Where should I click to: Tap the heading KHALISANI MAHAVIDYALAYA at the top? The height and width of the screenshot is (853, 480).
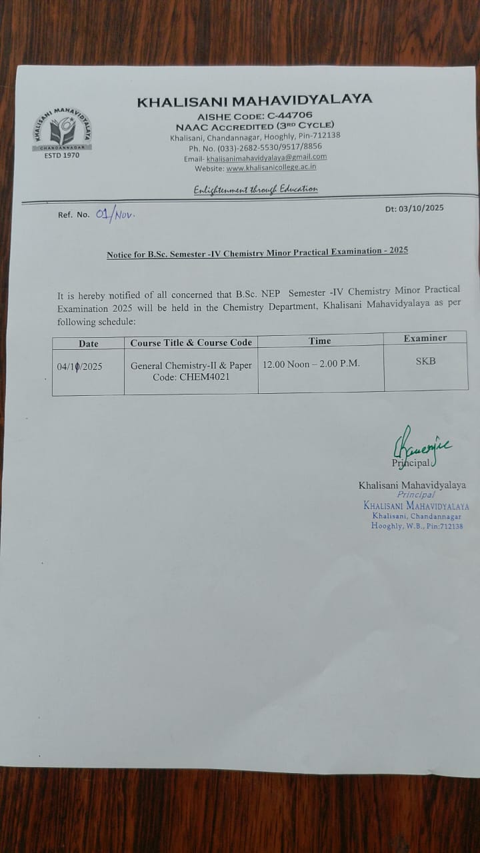tap(254, 101)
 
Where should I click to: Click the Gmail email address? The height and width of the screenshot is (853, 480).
tap(267, 158)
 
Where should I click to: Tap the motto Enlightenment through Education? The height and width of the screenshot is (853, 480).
tap(255, 189)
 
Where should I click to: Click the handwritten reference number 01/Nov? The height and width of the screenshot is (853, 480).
tap(115, 215)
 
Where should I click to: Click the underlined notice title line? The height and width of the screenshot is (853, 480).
tap(257, 252)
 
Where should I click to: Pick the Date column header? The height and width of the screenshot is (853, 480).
tap(88, 344)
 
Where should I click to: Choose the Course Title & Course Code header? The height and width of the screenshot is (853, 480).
tap(191, 343)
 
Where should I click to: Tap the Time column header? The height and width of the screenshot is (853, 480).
tap(320, 341)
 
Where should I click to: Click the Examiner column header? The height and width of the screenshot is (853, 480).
tap(425, 338)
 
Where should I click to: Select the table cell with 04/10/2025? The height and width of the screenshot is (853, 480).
tap(79, 367)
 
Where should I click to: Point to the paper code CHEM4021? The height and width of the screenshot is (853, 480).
tap(200, 377)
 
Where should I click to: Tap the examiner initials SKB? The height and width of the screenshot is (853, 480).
tap(425, 361)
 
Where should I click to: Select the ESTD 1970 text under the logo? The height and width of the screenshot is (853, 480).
tap(61, 155)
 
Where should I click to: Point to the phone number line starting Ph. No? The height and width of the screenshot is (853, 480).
tap(255, 147)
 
